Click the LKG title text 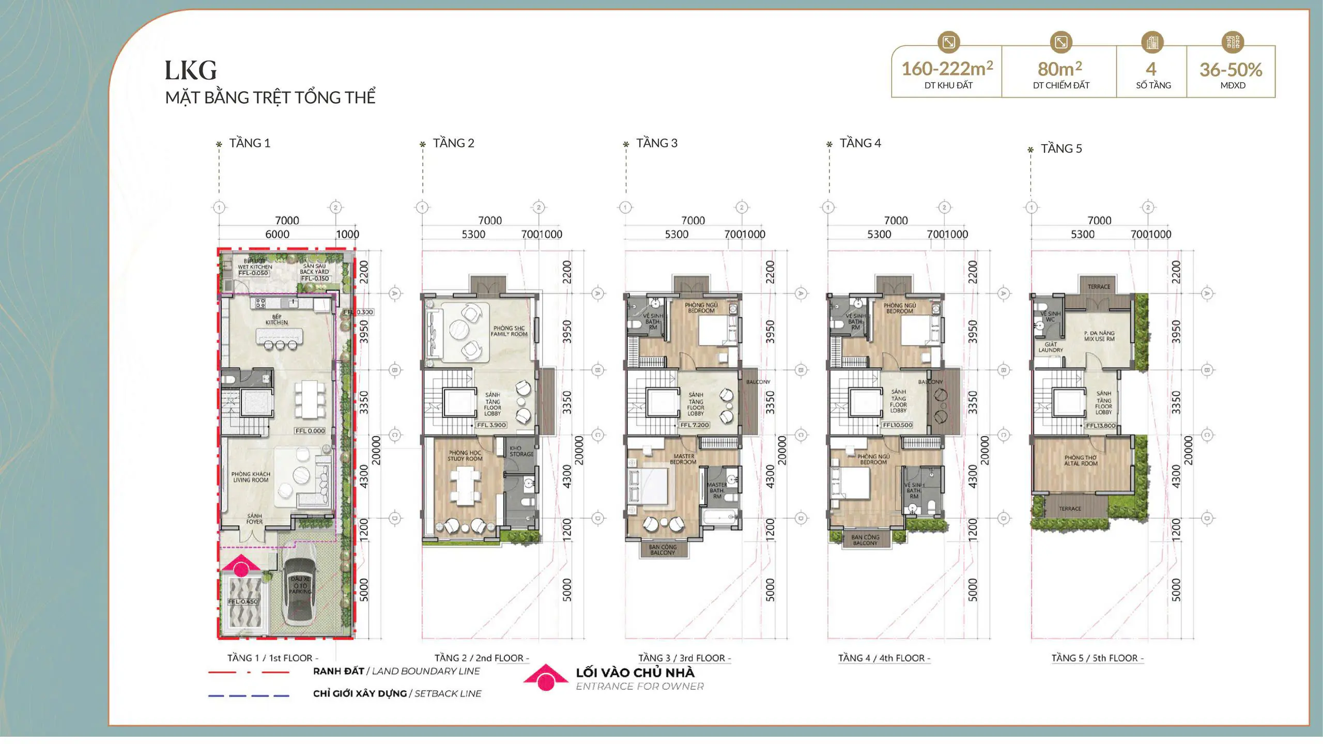coord(191,70)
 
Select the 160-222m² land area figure coord(947,69)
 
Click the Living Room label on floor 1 coord(251,477)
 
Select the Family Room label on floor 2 coord(509,331)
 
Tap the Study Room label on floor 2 coord(465,456)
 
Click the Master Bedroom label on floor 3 coord(684,459)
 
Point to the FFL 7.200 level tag coord(694,425)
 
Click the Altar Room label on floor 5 coord(1081,460)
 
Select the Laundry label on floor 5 coord(1051,347)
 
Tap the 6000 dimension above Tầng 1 coord(277,234)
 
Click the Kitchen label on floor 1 coord(276,319)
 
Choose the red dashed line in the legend coord(249,672)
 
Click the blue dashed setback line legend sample coord(249,695)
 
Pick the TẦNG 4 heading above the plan coord(860,143)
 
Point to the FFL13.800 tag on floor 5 coord(1100,426)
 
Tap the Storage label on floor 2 coord(521,451)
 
